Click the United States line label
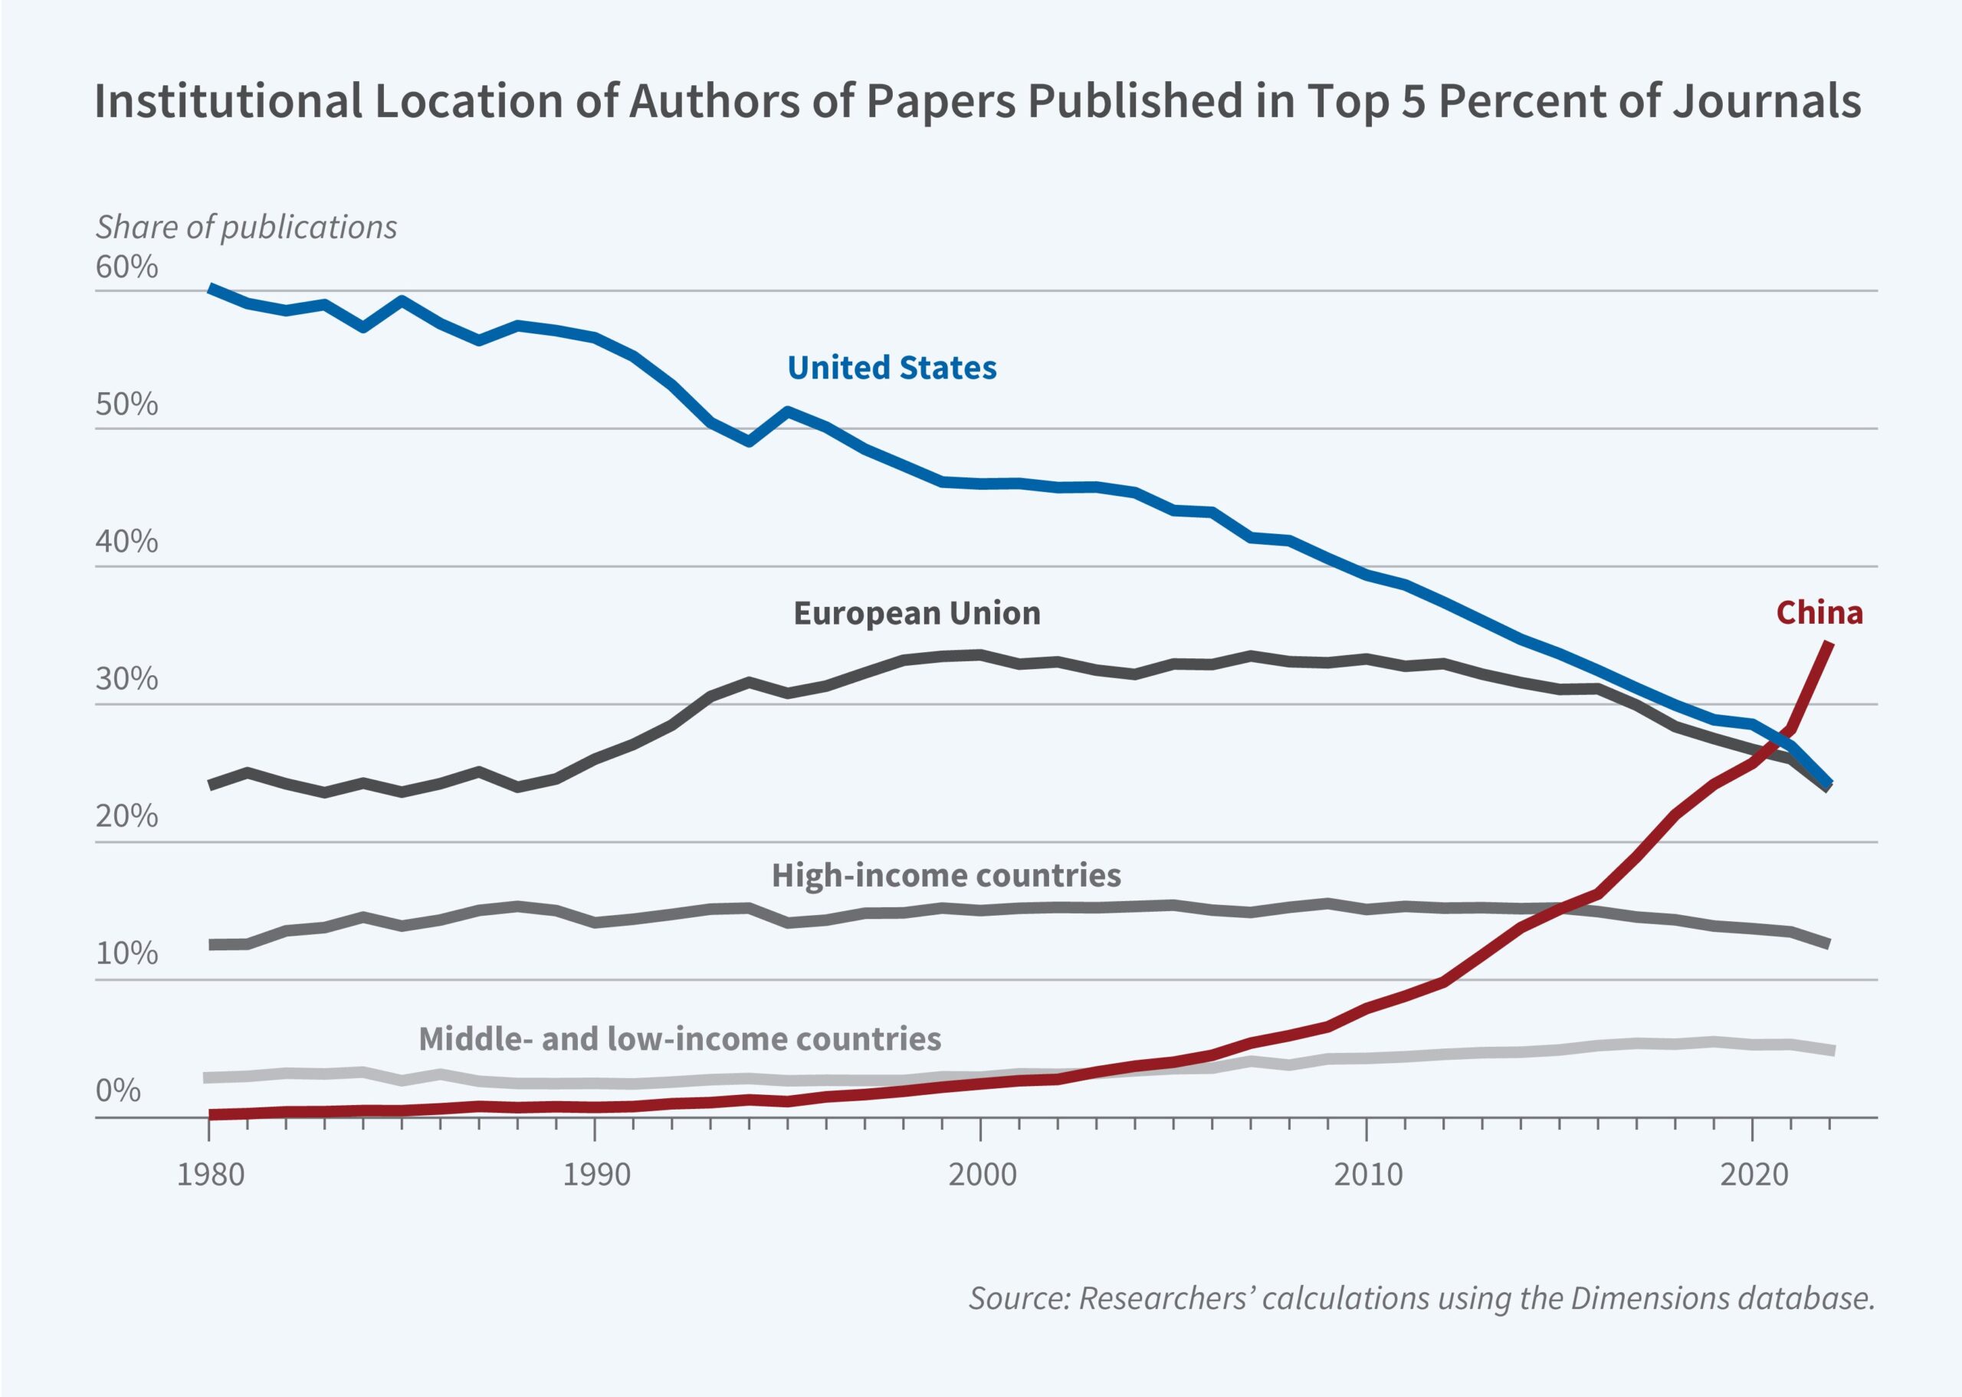(x=891, y=368)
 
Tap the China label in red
(x=1819, y=612)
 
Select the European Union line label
(x=916, y=613)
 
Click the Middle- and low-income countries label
(x=680, y=1038)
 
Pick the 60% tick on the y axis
(x=126, y=267)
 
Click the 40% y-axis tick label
(x=126, y=542)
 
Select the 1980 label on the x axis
(x=210, y=1175)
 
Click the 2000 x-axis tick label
(x=982, y=1175)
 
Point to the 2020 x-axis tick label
(x=1753, y=1175)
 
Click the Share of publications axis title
(x=246, y=227)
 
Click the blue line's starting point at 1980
(x=210, y=288)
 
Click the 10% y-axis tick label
(x=126, y=953)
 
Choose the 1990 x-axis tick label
(x=596, y=1175)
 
